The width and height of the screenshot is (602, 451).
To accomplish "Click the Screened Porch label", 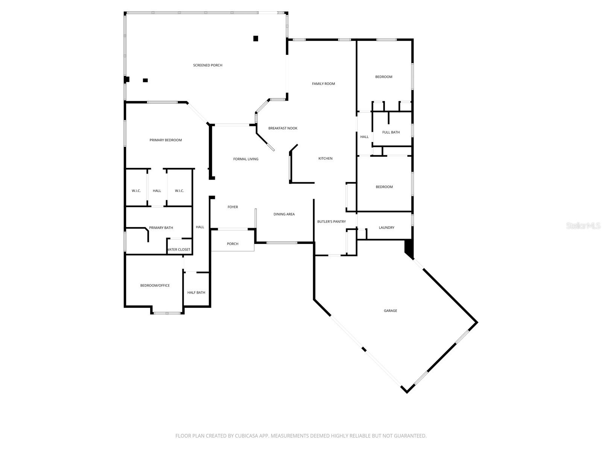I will pos(208,65).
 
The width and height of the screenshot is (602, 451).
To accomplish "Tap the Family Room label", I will pos(323,84).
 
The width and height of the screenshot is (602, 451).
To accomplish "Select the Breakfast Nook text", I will pos(283,128).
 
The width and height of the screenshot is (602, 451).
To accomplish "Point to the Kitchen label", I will pos(325,159).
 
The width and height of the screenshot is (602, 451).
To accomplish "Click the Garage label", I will pos(390,311).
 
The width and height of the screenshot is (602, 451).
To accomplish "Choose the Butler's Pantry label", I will pos(331,222).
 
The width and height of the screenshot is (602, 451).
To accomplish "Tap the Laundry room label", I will pos(386,228).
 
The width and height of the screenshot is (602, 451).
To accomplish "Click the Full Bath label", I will pos(391,132).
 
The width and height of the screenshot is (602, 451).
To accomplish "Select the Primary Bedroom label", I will pos(166,140).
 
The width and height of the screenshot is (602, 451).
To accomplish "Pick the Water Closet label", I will pos(179,250).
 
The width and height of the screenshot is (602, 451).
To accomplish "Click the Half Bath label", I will pos(196,292).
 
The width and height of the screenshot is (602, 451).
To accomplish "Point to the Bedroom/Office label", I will pos(155,286).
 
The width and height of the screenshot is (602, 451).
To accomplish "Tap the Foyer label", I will pos(233,207).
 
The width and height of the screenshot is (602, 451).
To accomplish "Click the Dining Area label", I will pos(284,214).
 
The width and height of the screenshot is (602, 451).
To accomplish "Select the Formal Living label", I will pos(246,159).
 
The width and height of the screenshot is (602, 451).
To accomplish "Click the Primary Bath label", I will pos(161,228).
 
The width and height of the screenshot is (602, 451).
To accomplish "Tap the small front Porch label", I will pos(233,244).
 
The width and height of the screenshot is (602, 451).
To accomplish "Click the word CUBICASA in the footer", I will pos(246,436).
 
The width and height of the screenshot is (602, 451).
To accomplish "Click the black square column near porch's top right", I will pos(255,38).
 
